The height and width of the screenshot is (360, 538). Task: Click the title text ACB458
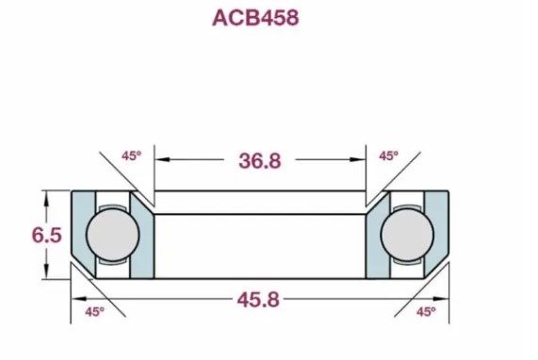tap(255, 18)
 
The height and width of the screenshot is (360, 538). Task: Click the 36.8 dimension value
tap(260, 160)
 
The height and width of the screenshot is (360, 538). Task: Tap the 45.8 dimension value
tap(258, 300)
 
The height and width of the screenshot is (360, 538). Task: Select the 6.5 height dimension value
tap(47, 235)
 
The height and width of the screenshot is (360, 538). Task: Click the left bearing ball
tap(113, 234)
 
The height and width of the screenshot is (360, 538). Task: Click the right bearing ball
tap(407, 234)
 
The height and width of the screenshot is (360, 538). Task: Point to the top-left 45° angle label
tap(131, 156)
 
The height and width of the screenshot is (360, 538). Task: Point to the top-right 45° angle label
tap(389, 156)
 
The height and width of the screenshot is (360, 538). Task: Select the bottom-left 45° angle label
tap(95, 312)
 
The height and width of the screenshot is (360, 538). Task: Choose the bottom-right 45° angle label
tap(427, 312)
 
